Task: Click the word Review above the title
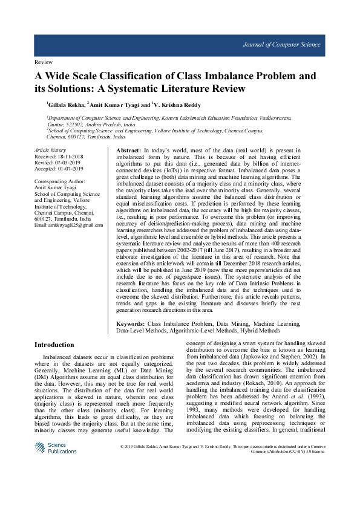43,62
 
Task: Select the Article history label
50,149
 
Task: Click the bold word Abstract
128,149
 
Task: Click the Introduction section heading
54,345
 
